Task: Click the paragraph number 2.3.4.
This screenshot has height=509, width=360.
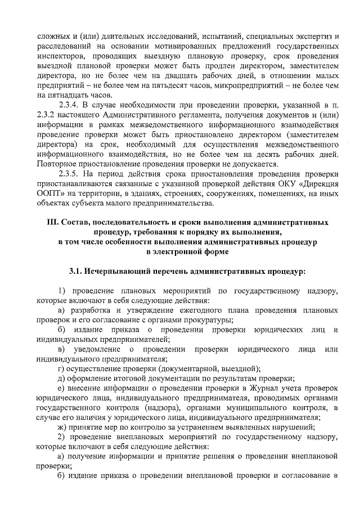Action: click(x=70, y=105)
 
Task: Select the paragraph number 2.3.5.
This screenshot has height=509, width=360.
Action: click(x=70, y=174)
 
